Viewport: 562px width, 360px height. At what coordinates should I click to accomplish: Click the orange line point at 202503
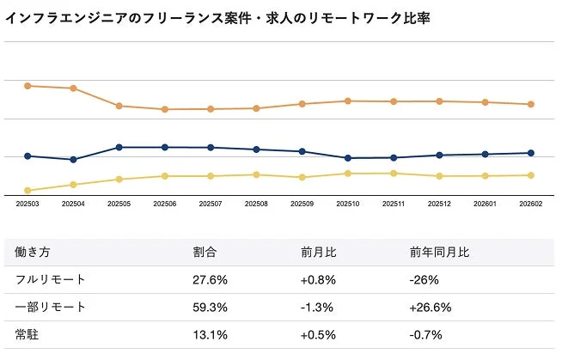click(x=27, y=86)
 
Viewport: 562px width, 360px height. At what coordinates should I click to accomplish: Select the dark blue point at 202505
click(x=119, y=148)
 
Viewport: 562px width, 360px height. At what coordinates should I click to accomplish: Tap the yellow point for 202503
click(x=27, y=191)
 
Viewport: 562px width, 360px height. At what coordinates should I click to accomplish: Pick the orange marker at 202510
click(x=347, y=101)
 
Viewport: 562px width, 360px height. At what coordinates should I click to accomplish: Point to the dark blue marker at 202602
click(x=530, y=153)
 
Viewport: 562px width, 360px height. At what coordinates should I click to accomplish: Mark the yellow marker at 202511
click(x=394, y=174)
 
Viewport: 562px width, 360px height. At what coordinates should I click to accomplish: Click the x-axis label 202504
click(x=73, y=204)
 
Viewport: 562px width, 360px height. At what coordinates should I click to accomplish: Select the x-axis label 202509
click(x=302, y=204)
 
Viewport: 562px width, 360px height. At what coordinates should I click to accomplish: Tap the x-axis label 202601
click(x=485, y=204)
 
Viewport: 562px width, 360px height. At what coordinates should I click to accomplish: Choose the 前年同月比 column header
click(x=439, y=253)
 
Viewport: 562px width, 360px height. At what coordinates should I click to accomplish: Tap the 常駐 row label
click(x=26, y=335)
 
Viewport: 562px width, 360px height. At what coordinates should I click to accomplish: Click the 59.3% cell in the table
click(x=209, y=308)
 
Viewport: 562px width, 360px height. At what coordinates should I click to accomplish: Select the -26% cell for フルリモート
click(x=425, y=280)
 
